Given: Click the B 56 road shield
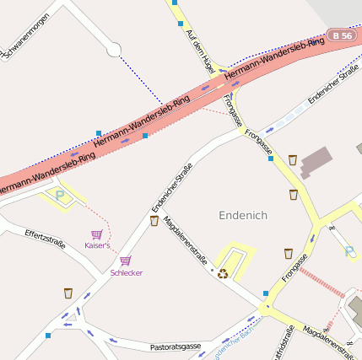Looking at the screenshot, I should tap(342, 35).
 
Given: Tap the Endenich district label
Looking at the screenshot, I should tap(242, 215).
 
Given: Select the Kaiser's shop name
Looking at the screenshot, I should tap(97, 245).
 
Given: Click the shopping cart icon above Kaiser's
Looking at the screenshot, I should tap(97, 234).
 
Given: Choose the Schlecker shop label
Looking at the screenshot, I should tap(126, 273).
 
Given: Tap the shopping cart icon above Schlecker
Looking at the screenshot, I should tap(125, 261).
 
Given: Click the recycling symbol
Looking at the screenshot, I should tap(223, 272).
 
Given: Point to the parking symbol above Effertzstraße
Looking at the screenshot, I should tap(60, 195).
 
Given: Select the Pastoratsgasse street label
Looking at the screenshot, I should tap(175, 347).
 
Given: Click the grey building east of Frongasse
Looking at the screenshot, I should tap(316, 160).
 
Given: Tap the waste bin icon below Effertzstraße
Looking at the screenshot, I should tap(68, 293).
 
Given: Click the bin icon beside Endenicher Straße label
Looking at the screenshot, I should tap(154, 221).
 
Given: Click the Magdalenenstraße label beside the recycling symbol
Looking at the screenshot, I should tap(185, 240).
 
